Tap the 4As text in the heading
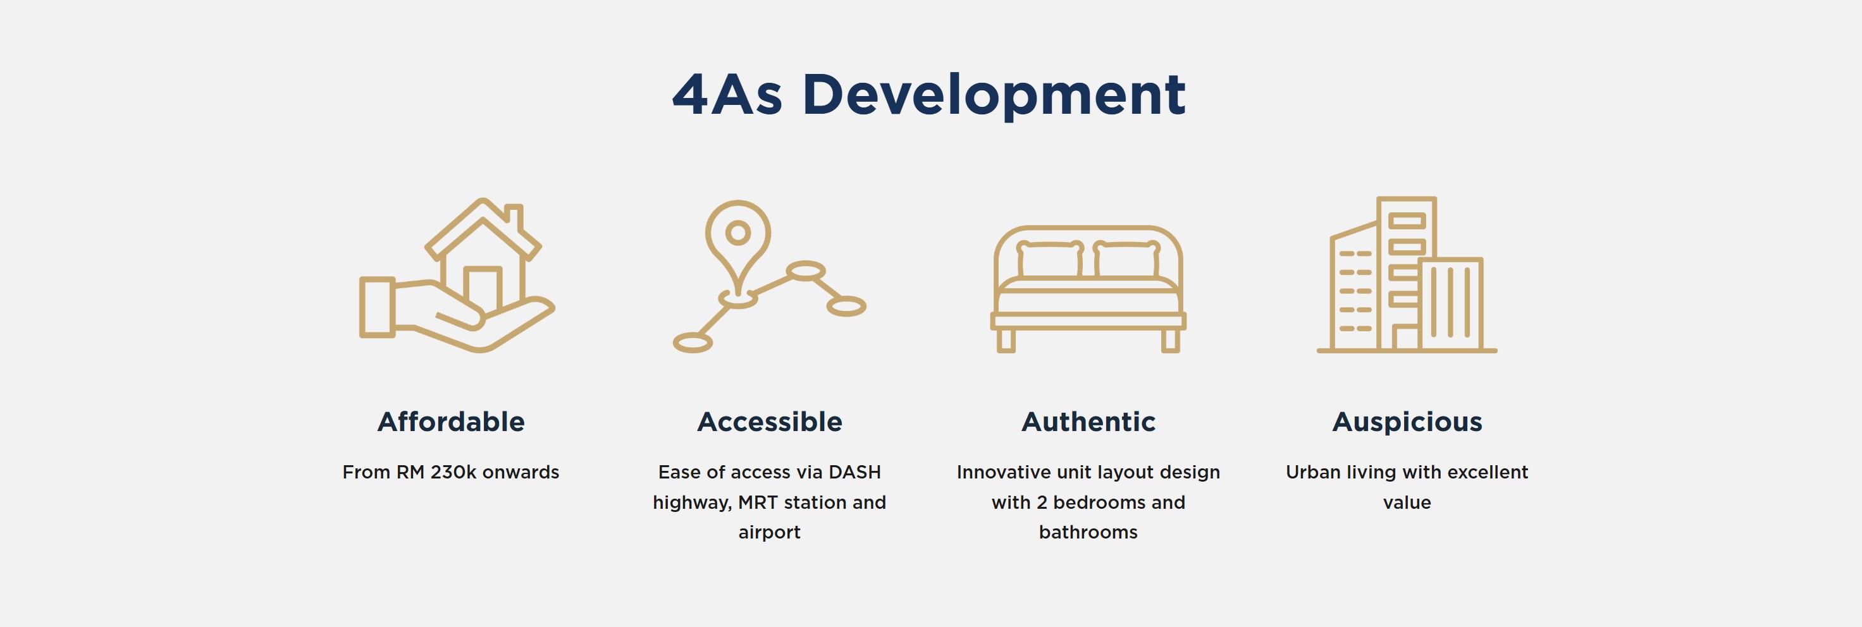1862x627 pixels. pyautogui.click(x=727, y=95)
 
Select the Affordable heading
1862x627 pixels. pyautogui.click(x=451, y=422)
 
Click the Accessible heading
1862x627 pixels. pyautogui.click(x=770, y=422)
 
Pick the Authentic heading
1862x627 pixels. pyautogui.click(x=1088, y=422)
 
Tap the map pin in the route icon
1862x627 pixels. pyautogui.click(x=738, y=249)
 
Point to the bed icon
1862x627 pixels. pyautogui.click(x=1088, y=289)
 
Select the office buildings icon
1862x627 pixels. pyautogui.click(x=1407, y=274)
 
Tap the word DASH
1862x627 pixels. pyautogui.click(x=855, y=472)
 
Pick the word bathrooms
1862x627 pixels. pyautogui.click(x=1088, y=532)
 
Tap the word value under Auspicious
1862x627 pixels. pyautogui.click(x=1407, y=502)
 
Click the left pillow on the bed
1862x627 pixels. pyautogui.click(x=1049, y=259)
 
